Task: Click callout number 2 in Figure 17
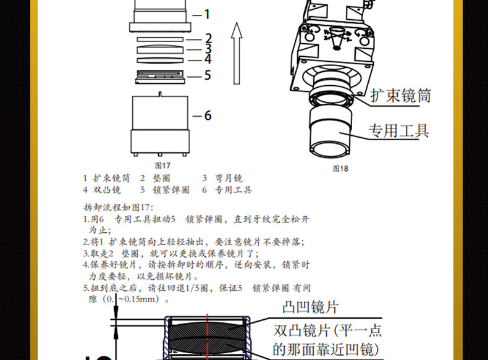(208, 38)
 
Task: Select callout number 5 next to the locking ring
(208, 75)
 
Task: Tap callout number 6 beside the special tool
(208, 115)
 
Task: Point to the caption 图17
(162, 165)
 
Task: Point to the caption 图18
(340, 168)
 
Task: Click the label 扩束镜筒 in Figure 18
(400, 96)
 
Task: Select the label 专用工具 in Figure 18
(398, 130)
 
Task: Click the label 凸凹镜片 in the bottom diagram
(310, 307)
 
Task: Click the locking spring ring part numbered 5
(159, 75)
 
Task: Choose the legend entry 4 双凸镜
(102, 190)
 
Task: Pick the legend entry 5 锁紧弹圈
(164, 190)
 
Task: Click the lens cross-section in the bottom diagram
(206, 336)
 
